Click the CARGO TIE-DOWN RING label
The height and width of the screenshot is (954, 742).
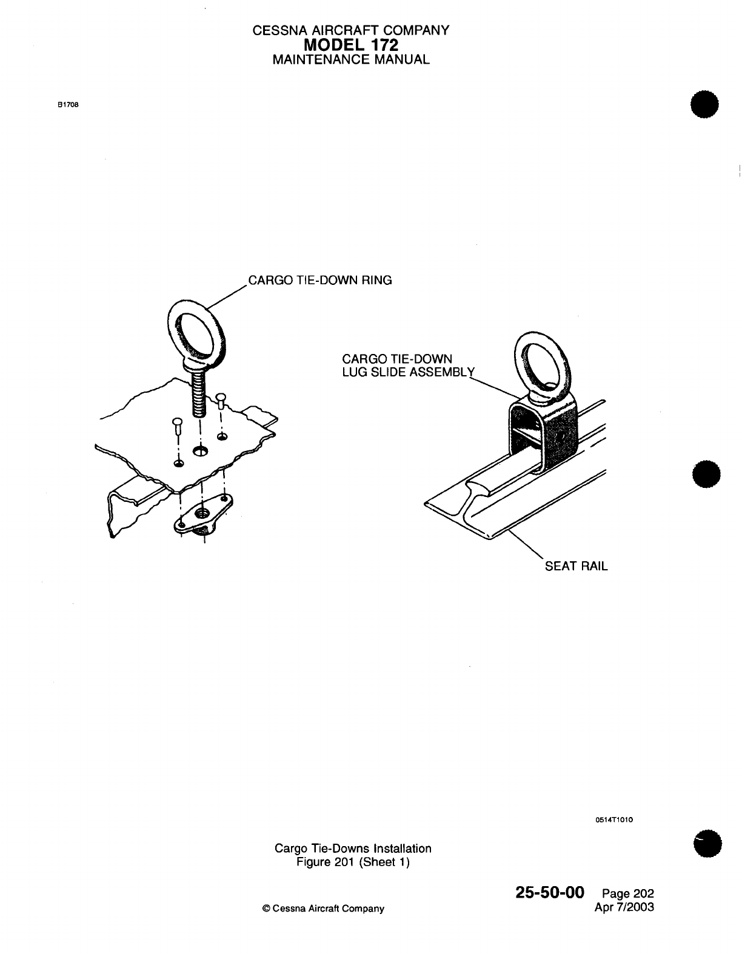[321, 280]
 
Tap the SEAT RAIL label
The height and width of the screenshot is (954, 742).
[576, 566]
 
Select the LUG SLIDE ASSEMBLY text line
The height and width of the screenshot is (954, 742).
[407, 372]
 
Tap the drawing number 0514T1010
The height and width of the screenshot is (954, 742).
[614, 820]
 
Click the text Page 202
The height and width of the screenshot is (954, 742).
[628, 894]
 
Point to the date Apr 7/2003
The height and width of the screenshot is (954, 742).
[626, 907]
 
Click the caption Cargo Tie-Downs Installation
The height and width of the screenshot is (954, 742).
[353, 849]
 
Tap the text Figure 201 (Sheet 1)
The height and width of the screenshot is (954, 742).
[353, 862]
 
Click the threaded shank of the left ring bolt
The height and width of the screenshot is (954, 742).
[199, 394]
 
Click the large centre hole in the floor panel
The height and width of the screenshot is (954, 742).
[200, 451]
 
